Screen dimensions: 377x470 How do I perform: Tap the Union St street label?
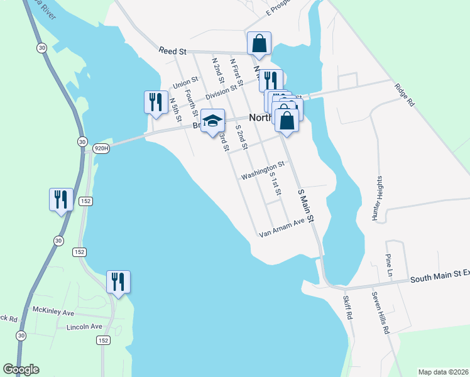click(185, 83)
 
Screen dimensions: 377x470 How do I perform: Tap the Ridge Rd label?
click(405, 94)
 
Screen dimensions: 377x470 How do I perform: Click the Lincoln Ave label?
click(84, 327)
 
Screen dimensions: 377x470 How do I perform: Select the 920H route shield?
click(101, 148)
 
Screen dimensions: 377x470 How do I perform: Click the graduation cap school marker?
click(212, 120)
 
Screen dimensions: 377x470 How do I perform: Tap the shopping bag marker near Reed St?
click(259, 44)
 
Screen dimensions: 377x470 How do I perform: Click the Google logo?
click(21, 369)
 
